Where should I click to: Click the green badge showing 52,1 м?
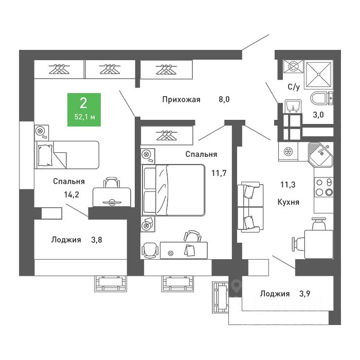(x=85, y=110)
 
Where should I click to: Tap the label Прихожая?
(x=181, y=100)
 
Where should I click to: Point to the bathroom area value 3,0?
(x=319, y=115)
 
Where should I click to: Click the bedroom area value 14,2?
(x=68, y=194)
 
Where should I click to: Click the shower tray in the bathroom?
(x=318, y=75)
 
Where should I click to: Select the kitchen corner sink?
(x=321, y=153)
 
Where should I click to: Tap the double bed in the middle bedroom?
(x=175, y=189)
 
